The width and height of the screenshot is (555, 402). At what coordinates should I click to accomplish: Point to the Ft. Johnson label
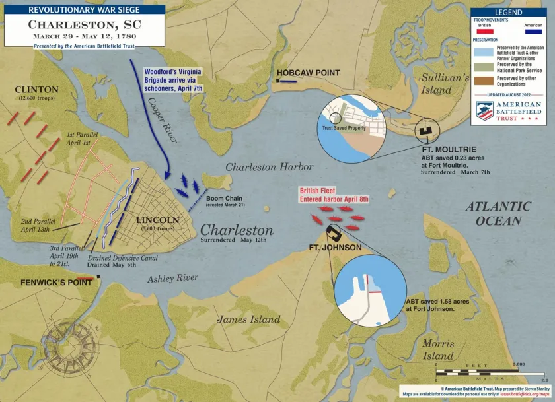335,248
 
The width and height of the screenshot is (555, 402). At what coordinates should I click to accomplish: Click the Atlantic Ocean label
498,213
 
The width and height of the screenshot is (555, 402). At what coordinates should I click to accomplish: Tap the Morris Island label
439,350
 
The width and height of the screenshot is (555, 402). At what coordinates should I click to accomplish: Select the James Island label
248,319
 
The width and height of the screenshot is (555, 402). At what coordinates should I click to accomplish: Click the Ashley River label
173,278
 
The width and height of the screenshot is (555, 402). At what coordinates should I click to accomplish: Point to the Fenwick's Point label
46,282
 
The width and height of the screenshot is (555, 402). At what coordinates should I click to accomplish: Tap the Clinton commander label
36,90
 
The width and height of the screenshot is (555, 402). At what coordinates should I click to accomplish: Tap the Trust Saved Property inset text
344,128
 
